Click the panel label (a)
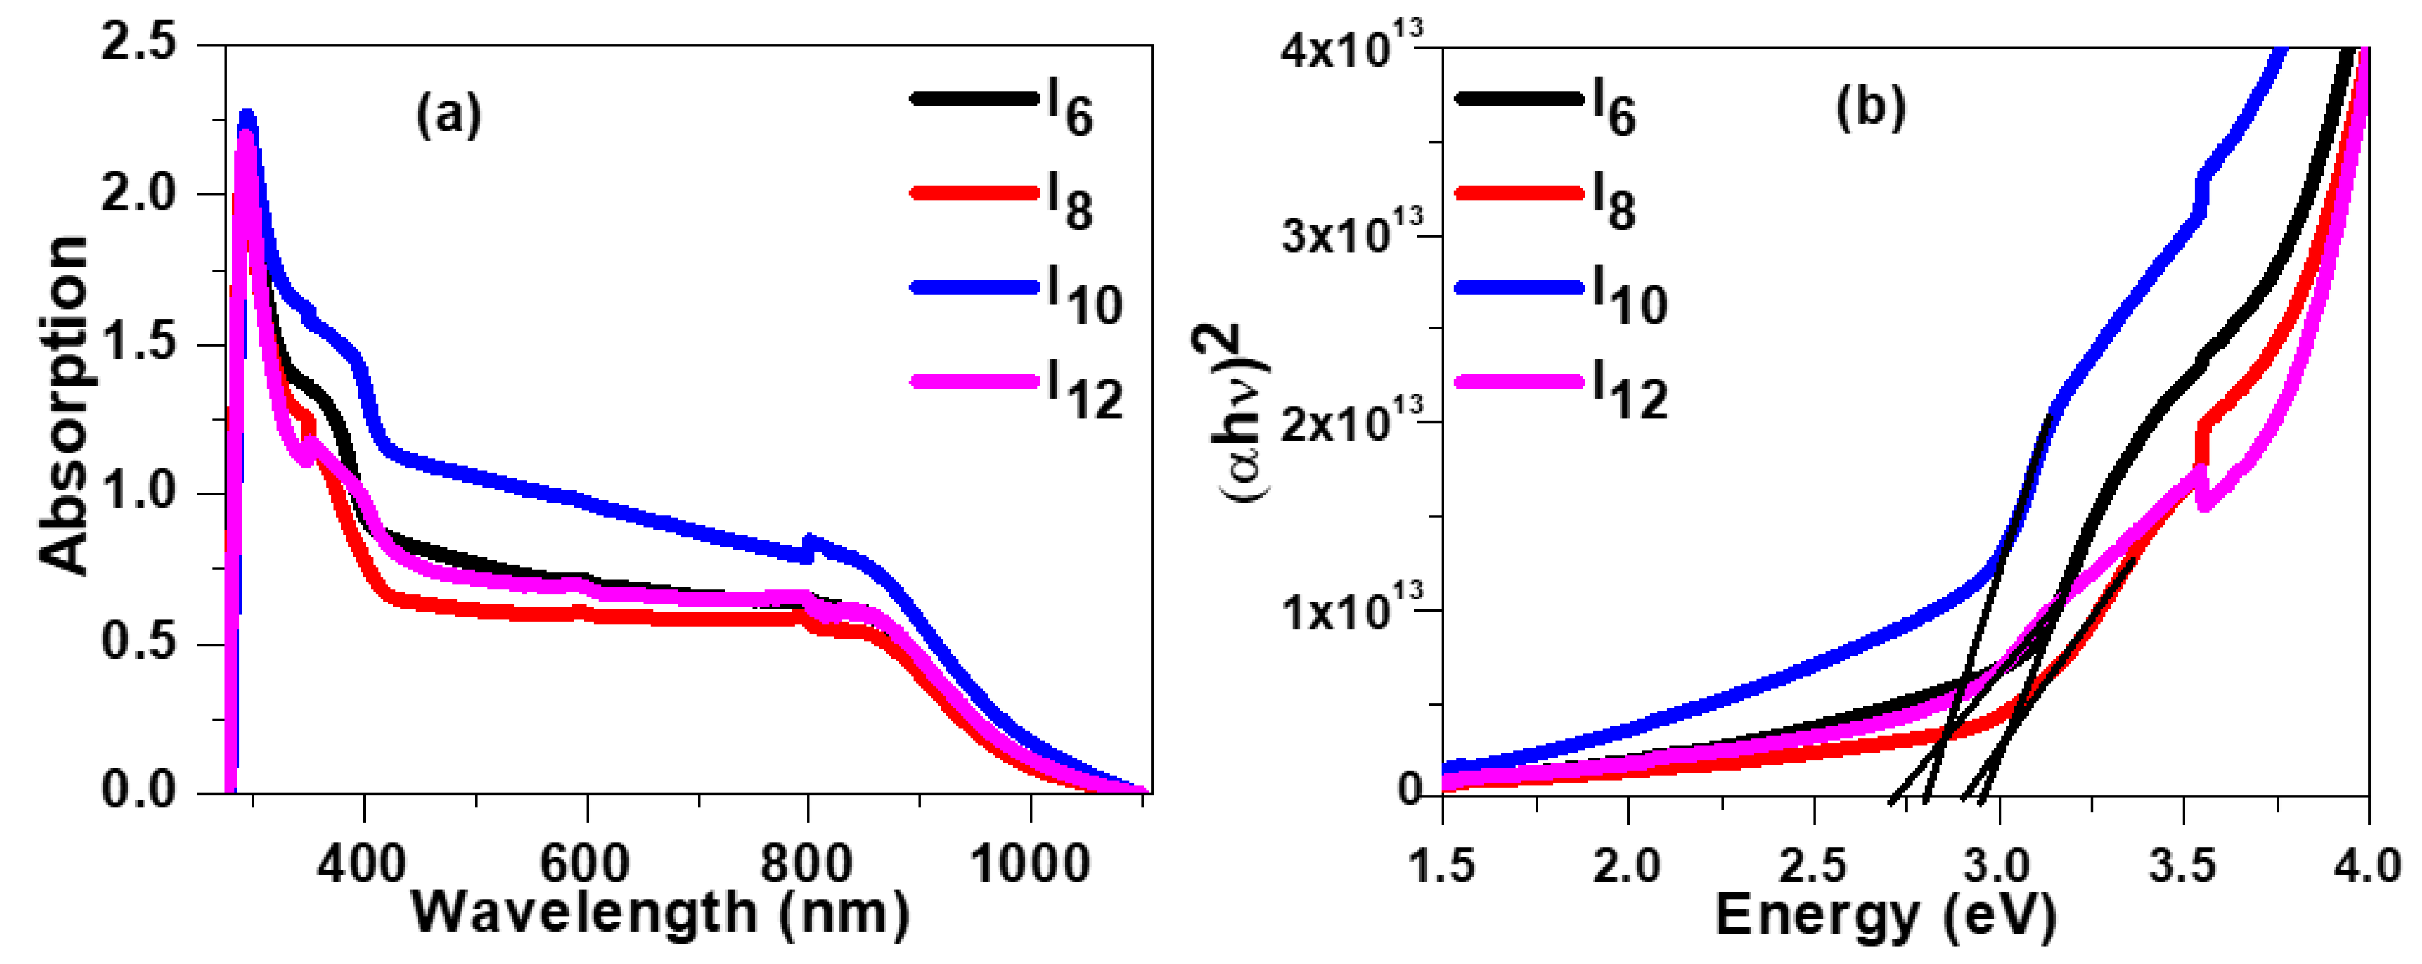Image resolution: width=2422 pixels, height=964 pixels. (x=448, y=116)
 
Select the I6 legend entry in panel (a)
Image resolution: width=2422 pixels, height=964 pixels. (x=1002, y=107)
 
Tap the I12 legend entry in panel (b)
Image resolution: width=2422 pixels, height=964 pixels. (x=1561, y=390)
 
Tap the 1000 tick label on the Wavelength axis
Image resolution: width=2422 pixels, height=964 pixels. (x=1031, y=862)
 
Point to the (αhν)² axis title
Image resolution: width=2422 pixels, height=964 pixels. (x=1241, y=414)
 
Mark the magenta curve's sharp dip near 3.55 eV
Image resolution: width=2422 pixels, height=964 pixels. (x=2203, y=503)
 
